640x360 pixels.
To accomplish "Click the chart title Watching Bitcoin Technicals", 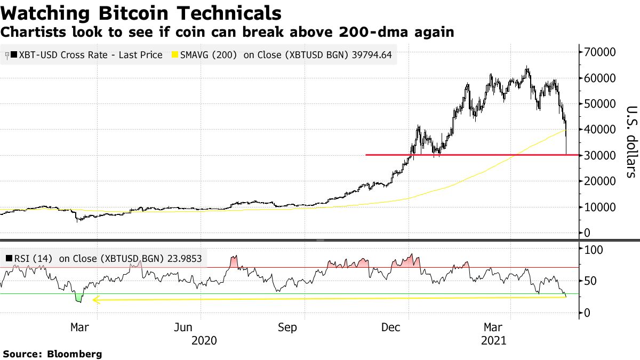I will pos(141,13).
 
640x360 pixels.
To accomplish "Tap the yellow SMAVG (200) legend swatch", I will pos(174,55).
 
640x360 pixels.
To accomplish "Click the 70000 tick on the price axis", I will pos(601,52).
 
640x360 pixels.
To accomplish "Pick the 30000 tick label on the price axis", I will pos(601,155).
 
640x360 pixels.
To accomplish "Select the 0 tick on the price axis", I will pos(587,233).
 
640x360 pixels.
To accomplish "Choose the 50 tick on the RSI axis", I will pos(590,281).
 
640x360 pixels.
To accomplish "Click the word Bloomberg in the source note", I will pos(75,354).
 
